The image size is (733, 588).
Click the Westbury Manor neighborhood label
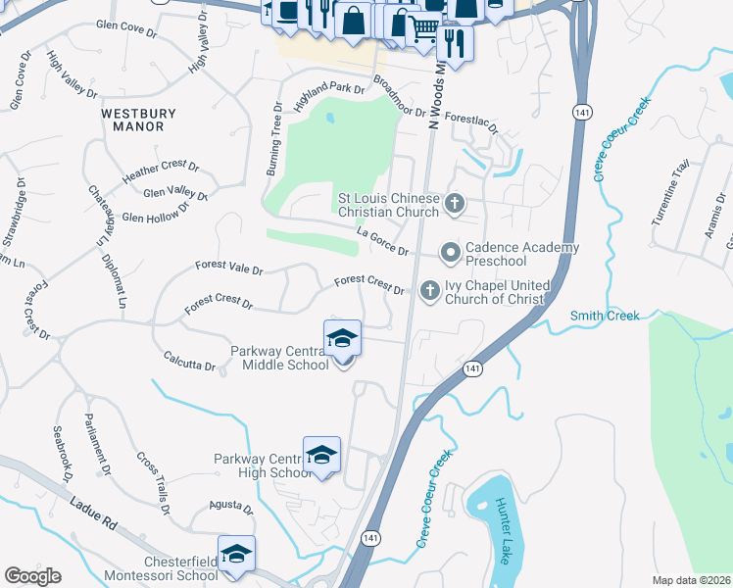point(138,120)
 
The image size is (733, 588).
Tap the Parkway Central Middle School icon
point(342,339)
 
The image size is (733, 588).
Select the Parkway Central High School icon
point(321,455)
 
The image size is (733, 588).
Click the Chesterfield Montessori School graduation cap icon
point(235,555)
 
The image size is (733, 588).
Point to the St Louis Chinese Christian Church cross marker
point(453,203)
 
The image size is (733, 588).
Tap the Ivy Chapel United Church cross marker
point(429,289)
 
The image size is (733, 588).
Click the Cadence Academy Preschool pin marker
point(451,254)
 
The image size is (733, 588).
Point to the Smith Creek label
point(605,316)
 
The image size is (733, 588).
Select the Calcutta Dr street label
point(189,361)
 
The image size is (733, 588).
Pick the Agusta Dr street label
point(230,508)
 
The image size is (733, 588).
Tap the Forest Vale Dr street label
point(229,268)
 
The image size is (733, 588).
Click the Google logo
point(32,576)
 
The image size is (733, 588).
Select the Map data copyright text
point(691,580)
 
